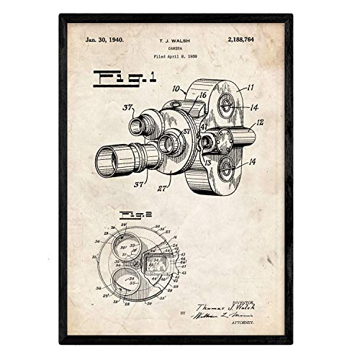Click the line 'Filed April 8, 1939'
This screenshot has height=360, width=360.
(180, 56)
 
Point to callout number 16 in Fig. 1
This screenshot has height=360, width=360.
(203, 94)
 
